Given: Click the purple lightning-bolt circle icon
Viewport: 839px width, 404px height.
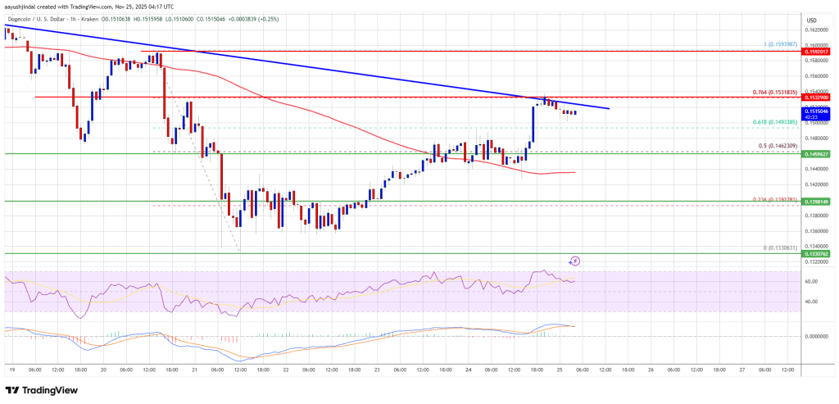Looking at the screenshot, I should [575, 261].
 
